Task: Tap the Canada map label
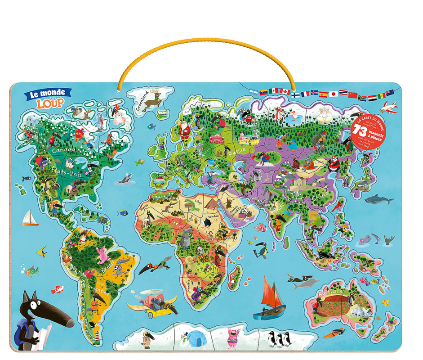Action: click(x=63, y=150)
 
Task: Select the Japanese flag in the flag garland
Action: click(x=333, y=94)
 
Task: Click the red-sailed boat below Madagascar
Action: click(x=270, y=299)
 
